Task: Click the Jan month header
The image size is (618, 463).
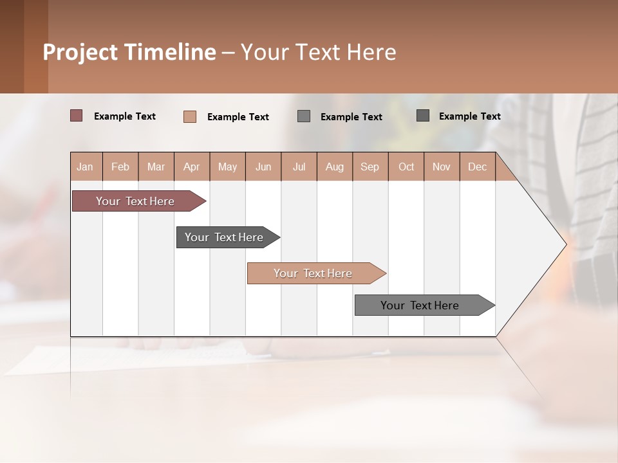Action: (x=86, y=167)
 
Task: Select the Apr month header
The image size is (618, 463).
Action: (x=192, y=167)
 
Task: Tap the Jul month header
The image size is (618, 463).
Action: (x=299, y=167)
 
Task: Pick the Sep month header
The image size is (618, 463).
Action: (x=370, y=167)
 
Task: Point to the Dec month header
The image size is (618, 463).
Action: (x=477, y=167)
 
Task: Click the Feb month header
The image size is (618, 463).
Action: (x=120, y=167)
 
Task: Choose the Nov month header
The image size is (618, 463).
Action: (x=442, y=167)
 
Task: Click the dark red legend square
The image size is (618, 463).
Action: (x=77, y=116)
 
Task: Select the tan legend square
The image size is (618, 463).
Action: (x=190, y=116)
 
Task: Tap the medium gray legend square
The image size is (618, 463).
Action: (x=304, y=116)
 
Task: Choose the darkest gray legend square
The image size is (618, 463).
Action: (x=423, y=116)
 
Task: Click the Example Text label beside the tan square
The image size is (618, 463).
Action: (x=238, y=117)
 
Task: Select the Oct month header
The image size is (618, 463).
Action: (x=406, y=167)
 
